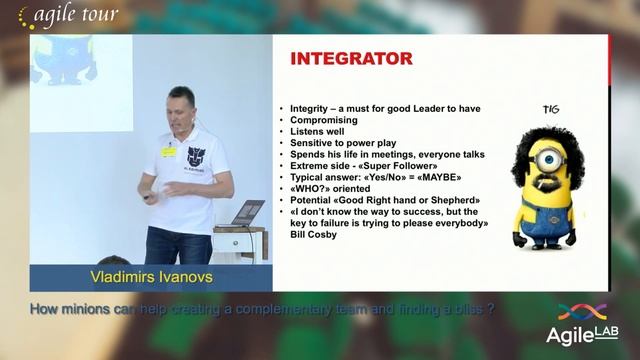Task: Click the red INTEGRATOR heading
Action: (x=351, y=59)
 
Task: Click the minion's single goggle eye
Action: (x=546, y=160)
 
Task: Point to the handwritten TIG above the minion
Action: (x=549, y=109)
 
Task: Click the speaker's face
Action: (x=182, y=107)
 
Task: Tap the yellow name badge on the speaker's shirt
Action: (x=168, y=152)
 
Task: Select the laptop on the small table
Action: (x=246, y=213)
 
